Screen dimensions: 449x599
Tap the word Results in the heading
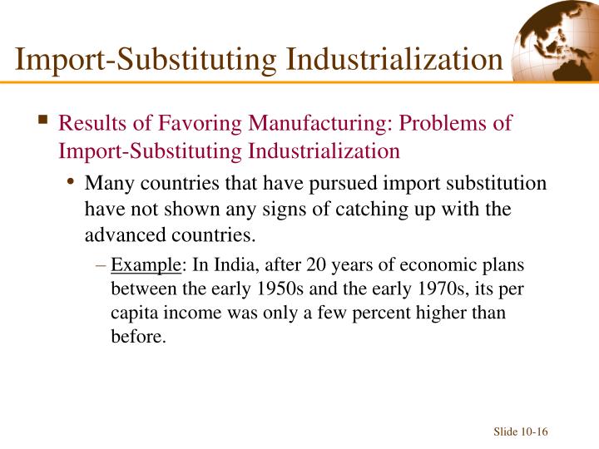89,123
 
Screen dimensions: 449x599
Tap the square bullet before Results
42,121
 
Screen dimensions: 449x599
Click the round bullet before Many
72,182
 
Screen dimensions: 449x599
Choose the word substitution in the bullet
499,183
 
